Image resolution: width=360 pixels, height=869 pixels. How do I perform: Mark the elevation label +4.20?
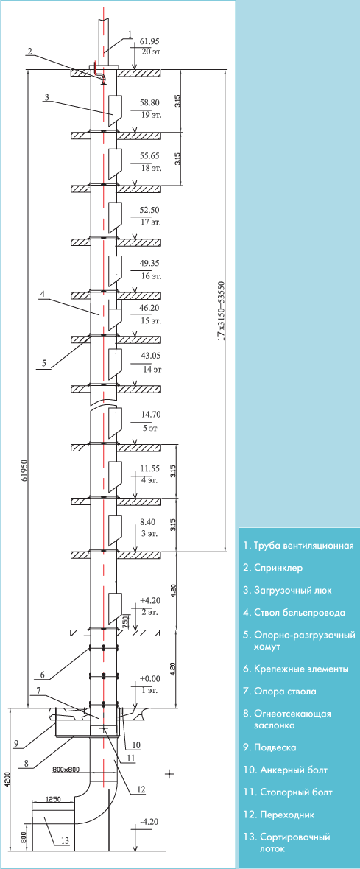point(150,600)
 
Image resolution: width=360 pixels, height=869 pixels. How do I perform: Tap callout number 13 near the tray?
point(65,841)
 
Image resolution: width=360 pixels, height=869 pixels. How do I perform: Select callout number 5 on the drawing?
point(44,364)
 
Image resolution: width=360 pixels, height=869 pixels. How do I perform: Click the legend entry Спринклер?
point(272,568)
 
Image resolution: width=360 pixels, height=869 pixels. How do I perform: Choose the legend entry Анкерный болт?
point(283,770)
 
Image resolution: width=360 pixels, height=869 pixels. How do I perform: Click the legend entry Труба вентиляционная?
point(298,546)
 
